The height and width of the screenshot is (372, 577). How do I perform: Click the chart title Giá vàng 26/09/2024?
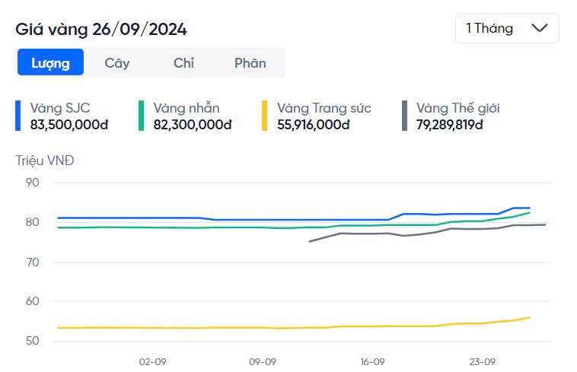(101, 29)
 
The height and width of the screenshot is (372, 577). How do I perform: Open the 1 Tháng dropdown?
(506, 28)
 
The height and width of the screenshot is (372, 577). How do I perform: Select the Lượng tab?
(50, 63)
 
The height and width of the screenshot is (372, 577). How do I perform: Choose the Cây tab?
(117, 63)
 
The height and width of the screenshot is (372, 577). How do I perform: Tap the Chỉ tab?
(183, 63)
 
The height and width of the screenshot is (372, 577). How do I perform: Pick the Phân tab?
(250, 63)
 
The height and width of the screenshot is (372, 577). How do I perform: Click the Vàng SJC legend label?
(60, 108)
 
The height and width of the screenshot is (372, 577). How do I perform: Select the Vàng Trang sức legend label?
(324, 108)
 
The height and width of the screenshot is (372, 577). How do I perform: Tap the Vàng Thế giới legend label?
(457, 108)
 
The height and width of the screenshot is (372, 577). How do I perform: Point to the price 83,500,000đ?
(69, 124)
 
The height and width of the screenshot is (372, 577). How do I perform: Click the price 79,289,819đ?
(449, 124)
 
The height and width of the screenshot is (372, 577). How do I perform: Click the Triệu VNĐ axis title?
(45, 161)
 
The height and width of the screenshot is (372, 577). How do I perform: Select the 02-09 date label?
(152, 361)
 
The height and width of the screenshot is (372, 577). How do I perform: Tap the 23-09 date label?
(483, 361)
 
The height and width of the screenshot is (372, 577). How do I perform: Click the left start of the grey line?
(308, 241)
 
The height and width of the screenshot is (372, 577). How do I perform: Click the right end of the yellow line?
(529, 317)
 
